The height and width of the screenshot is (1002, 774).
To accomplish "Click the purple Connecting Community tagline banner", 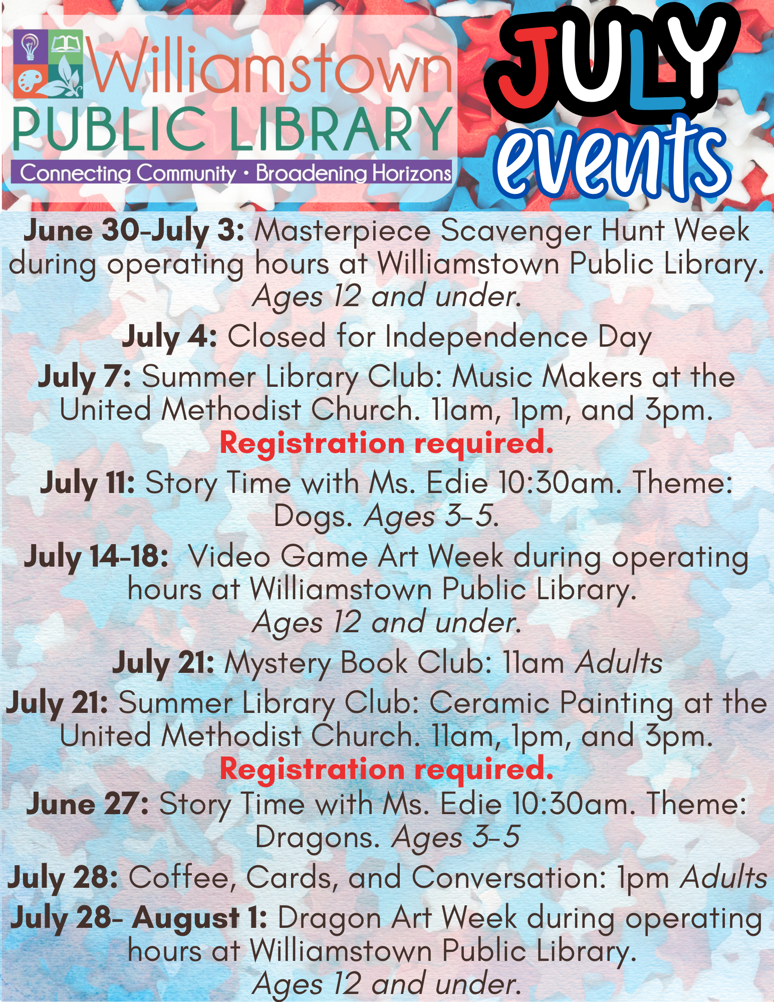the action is pos(235,173).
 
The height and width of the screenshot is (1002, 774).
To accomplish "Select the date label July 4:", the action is pos(169,337).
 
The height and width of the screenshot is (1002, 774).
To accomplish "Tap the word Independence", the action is pos(486,336).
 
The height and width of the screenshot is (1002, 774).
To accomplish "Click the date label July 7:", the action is pos(85,377).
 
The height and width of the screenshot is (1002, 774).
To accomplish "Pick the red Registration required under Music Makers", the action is pos(387,443).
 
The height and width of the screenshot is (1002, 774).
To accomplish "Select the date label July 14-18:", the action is pos(96,557).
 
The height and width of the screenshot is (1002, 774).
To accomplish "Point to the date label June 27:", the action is pos(88,804).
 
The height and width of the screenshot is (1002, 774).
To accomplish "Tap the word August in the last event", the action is pos(186,918).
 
